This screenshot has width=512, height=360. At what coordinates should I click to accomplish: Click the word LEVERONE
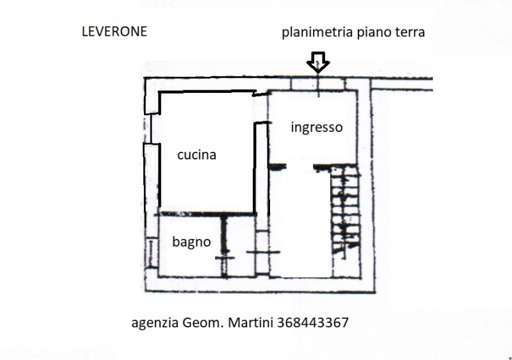(115, 31)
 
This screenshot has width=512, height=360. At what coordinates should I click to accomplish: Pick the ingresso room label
(316, 127)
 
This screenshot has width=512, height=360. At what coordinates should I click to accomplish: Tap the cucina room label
(196, 154)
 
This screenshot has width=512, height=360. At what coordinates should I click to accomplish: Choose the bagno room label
(191, 242)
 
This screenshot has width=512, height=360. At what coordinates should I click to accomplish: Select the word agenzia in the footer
(156, 323)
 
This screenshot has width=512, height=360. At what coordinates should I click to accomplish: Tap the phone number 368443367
(314, 322)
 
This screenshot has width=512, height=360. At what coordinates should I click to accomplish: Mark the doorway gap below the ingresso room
(299, 167)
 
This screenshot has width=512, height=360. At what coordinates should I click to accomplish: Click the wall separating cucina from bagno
(205, 213)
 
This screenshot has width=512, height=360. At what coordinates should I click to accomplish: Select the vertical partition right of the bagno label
(225, 247)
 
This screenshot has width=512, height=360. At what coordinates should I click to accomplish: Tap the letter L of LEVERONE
(84, 31)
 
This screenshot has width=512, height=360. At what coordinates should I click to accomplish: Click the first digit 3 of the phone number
(282, 322)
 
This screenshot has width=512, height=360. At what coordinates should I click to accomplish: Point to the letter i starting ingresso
(292, 127)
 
